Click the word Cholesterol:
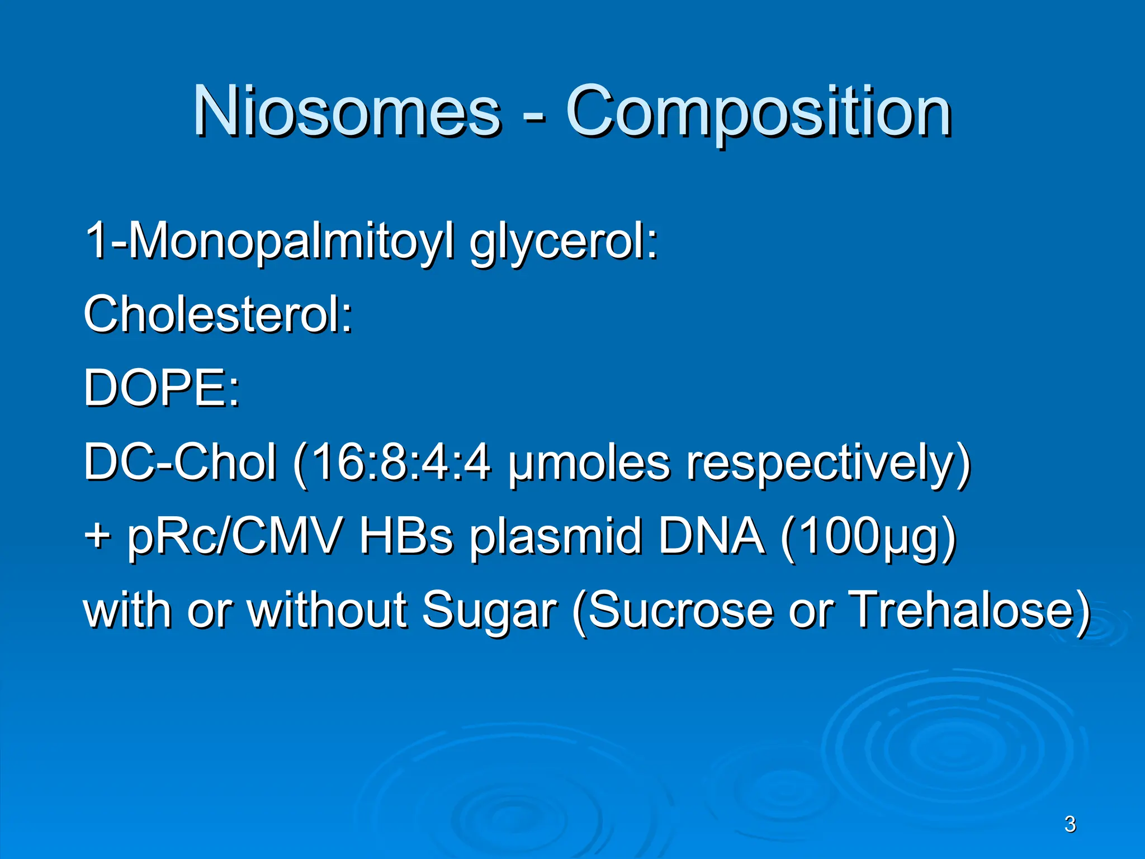[x=218, y=314]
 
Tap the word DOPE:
[x=162, y=388]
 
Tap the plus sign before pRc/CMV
[x=97, y=536]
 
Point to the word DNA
[x=711, y=536]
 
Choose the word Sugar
[x=489, y=611]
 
